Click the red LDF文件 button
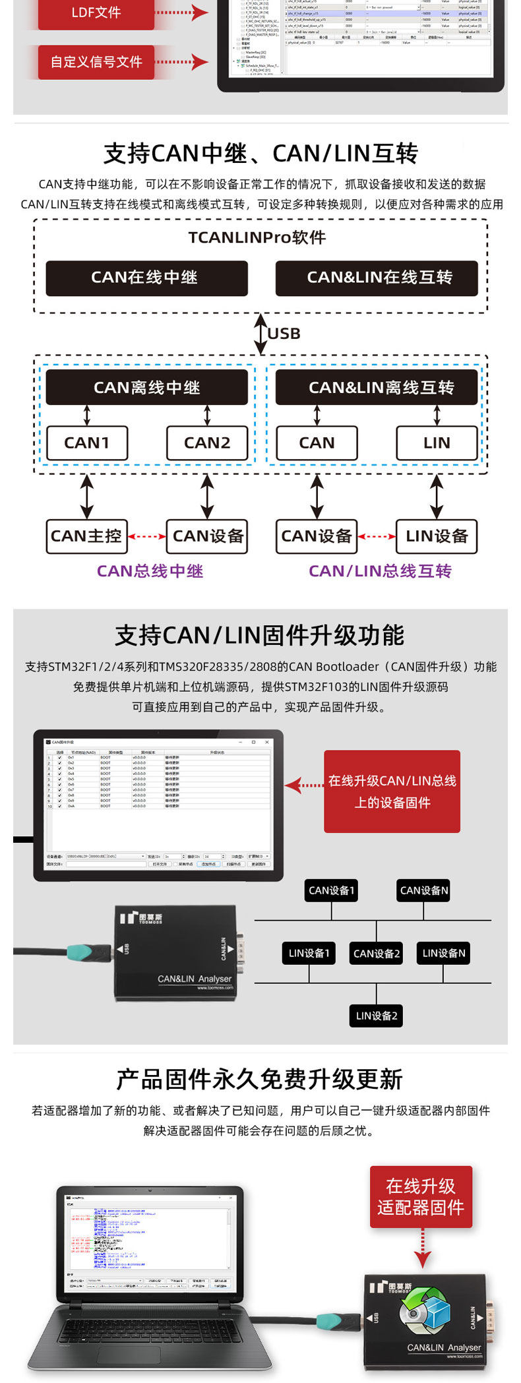tap(96, 13)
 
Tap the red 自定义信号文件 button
tap(96, 62)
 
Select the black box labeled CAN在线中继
tap(146, 278)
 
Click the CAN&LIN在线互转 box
tap(377, 278)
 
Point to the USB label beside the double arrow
tap(284, 334)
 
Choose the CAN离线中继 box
tap(146, 387)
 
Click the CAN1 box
tap(87, 443)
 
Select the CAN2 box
tap(207, 443)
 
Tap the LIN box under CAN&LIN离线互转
tap(437, 443)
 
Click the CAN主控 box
tap(86, 536)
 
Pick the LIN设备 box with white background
tap(437, 536)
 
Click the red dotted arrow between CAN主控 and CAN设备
tap(146, 536)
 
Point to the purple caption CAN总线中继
tap(150, 571)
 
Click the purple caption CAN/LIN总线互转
tap(380, 571)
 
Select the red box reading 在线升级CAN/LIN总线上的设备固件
tap(392, 791)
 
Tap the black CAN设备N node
tap(424, 890)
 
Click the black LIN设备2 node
tap(377, 1016)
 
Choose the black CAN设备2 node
tap(377, 953)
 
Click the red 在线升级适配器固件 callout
tap(421, 1197)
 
